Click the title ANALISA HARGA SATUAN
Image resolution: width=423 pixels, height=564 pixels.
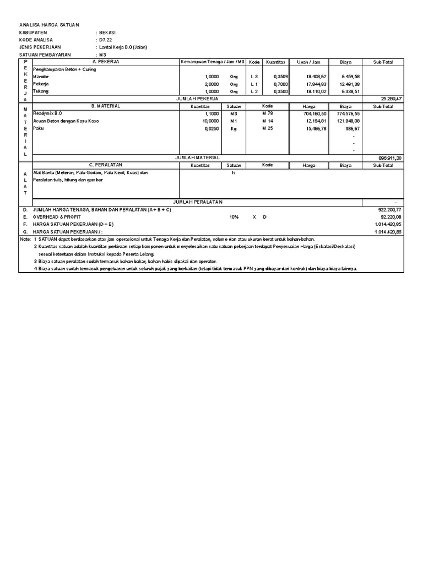[50, 25]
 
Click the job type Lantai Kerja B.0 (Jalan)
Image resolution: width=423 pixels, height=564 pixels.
[123, 47]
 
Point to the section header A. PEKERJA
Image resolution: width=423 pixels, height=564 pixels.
[105, 62]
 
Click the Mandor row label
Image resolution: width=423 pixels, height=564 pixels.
[41, 77]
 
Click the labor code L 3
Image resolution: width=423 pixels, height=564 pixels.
[254, 77]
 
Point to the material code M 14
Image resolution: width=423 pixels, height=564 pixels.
[268, 121]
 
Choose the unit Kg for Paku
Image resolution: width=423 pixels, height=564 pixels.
[234, 128]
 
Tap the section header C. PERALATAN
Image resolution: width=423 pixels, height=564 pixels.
[106, 165]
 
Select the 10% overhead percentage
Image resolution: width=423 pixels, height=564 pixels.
[234, 217]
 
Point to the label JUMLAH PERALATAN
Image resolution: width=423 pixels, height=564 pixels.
[198, 202]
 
